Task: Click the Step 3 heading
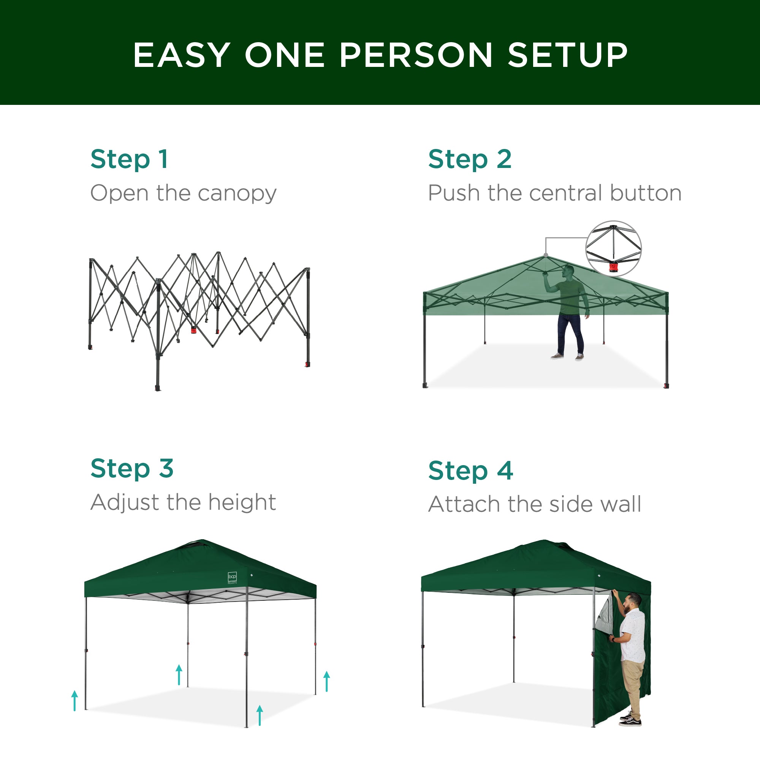132,468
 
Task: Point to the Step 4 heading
470,470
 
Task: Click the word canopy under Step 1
237,193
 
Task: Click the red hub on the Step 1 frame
193,329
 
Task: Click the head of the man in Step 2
568,271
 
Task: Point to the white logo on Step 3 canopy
233,577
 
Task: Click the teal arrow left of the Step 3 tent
75,701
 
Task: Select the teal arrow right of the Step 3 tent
326,681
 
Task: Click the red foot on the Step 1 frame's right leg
307,364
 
